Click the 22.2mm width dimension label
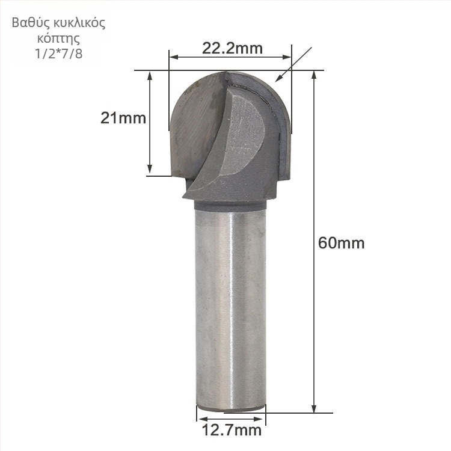click(232, 49)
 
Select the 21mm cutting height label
click(123, 118)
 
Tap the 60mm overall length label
click(342, 243)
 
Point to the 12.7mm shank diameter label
click(232, 431)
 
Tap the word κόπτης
click(58, 38)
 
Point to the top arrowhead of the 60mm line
click(313, 75)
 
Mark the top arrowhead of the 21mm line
click(150, 75)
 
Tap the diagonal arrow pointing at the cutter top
click(278, 78)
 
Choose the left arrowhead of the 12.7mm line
click(200, 414)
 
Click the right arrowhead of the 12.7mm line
click(262, 414)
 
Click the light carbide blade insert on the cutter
click(244, 135)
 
